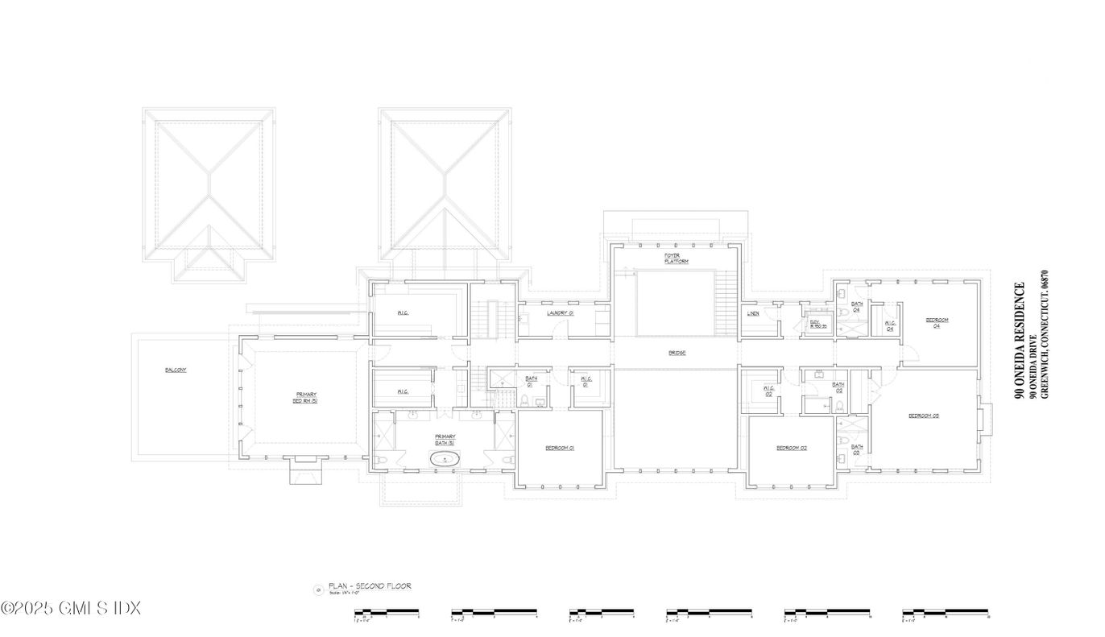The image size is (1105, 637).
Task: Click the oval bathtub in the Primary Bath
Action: [445, 460]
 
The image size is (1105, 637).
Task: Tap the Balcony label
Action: [176, 370]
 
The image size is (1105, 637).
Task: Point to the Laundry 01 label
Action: [560, 312]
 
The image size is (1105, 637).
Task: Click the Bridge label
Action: [677, 353]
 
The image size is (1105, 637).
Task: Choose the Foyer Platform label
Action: [676, 259]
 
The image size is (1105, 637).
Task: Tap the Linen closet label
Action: [753, 313]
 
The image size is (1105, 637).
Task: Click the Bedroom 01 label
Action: [559, 448]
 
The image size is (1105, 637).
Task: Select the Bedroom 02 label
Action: [791, 448]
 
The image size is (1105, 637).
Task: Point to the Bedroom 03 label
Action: [924, 416]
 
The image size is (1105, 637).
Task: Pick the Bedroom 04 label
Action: [937, 322]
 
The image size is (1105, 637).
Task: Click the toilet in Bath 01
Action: [524, 401]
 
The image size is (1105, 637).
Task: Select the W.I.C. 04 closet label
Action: [890, 325]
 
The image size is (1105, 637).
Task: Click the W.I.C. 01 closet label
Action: [586, 382]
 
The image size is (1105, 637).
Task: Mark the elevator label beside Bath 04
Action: [815, 324]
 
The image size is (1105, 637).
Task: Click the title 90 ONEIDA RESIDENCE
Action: [1020, 340]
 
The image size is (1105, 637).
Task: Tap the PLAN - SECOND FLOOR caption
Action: [369, 586]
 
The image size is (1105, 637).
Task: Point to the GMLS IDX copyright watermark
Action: [71, 608]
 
